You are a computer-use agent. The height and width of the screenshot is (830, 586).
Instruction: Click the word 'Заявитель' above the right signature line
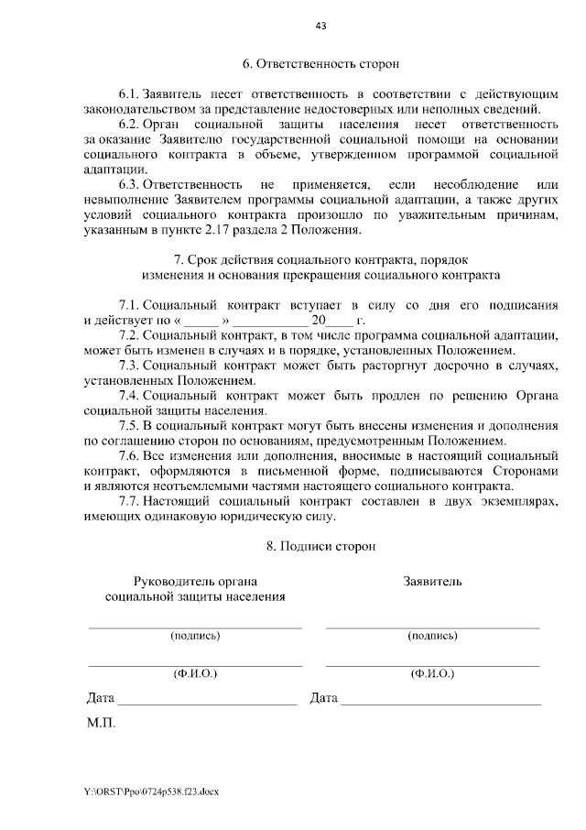(x=433, y=582)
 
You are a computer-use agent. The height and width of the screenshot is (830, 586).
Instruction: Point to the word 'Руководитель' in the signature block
(x=168, y=582)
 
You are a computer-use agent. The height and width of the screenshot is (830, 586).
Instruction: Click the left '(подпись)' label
(x=195, y=635)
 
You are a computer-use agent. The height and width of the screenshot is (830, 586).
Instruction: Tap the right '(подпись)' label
(x=433, y=635)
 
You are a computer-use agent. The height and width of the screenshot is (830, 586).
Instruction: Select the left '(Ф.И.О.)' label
(x=195, y=672)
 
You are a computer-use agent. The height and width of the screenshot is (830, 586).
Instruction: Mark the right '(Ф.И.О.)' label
(x=433, y=672)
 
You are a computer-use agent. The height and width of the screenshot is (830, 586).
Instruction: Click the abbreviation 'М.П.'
(x=101, y=723)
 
